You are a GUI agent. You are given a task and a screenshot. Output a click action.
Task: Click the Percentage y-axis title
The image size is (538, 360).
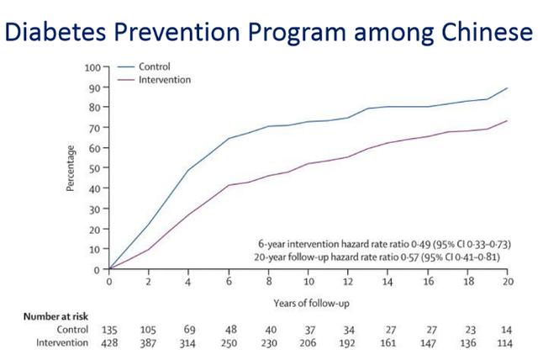click(73, 168)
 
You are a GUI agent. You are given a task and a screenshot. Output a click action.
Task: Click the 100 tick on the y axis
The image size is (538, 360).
click(93, 66)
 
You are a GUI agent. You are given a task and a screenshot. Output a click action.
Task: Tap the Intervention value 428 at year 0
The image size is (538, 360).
click(109, 344)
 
